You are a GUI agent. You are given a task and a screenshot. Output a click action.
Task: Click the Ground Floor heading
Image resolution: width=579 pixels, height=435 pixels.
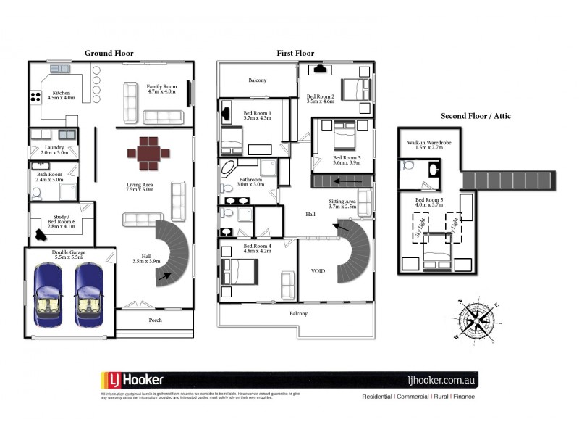tap(109, 53)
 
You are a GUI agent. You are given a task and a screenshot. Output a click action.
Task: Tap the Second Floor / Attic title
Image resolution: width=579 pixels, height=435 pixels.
tap(477, 116)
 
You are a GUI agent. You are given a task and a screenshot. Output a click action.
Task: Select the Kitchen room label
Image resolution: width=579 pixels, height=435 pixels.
tap(61, 95)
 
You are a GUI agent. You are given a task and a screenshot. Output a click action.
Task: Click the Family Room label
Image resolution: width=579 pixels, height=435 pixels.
tap(161, 88)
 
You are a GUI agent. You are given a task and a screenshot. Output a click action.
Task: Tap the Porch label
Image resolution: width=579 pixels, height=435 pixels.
tap(155, 320)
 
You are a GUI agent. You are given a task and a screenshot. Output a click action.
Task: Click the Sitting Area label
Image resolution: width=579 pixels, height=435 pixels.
tap(342, 204)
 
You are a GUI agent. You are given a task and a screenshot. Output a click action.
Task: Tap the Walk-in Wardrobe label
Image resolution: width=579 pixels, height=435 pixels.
tap(428, 146)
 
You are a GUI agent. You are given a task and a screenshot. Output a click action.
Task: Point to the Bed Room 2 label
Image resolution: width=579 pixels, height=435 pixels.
tap(320, 99)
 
